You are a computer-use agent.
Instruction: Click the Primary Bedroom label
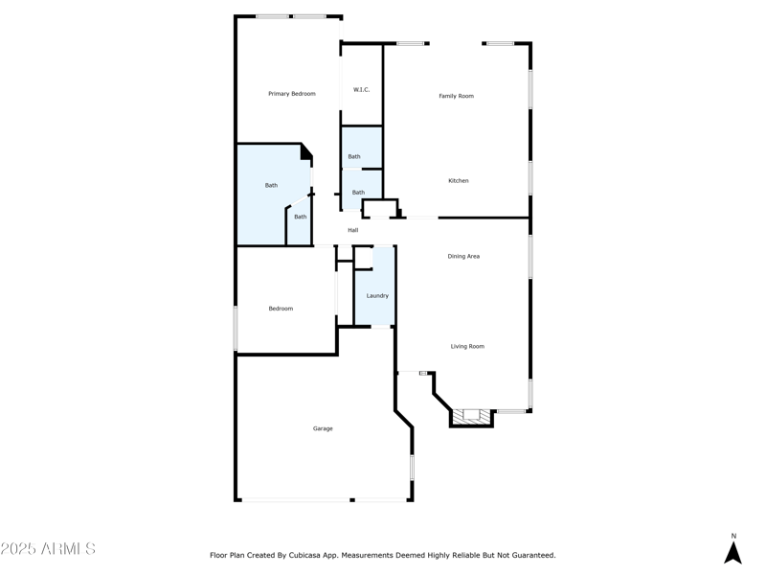click(x=291, y=94)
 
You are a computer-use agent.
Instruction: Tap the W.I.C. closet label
click(x=361, y=90)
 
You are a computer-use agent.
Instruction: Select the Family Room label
click(x=456, y=96)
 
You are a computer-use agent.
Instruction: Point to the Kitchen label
click(x=459, y=181)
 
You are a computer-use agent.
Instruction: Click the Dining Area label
click(x=463, y=257)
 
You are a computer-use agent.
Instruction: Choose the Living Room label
click(x=467, y=347)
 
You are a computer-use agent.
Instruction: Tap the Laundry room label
click(x=377, y=296)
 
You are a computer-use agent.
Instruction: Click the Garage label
click(x=323, y=428)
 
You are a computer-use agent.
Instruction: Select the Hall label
click(x=353, y=230)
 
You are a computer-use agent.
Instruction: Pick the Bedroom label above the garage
click(x=281, y=309)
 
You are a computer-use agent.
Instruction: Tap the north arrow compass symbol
click(x=732, y=553)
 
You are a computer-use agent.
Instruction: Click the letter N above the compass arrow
click(x=733, y=537)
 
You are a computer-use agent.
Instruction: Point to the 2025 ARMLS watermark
click(x=48, y=549)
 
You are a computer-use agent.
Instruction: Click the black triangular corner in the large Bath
click(x=306, y=151)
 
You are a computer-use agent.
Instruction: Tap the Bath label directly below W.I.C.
click(x=354, y=157)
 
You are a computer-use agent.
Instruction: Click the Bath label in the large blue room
click(x=271, y=186)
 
